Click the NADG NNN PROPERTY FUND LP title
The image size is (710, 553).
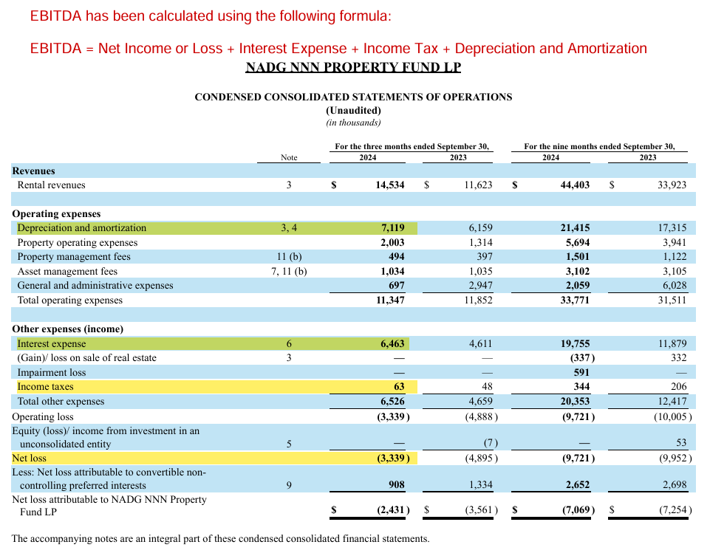coord(353,67)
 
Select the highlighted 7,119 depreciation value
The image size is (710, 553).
coord(392,228)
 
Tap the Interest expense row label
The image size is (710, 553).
coord(52,343)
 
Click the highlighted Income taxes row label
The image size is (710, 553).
coord(45,387)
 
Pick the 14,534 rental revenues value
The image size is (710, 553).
coord(390,185)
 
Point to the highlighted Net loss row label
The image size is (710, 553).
coord(30,458)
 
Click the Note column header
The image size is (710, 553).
coord(289,157)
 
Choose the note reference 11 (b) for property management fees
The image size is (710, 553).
coord(289,257)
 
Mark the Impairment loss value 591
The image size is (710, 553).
coord(581,372)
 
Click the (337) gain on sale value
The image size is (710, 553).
coord(580,358)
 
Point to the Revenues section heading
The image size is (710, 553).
coord(33,171)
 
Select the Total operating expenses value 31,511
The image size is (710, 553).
coord(672,300)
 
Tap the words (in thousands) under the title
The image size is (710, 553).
coord(353,123)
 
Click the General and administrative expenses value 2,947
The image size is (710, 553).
coord(478,286)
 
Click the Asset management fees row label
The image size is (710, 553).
coord(67,272)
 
